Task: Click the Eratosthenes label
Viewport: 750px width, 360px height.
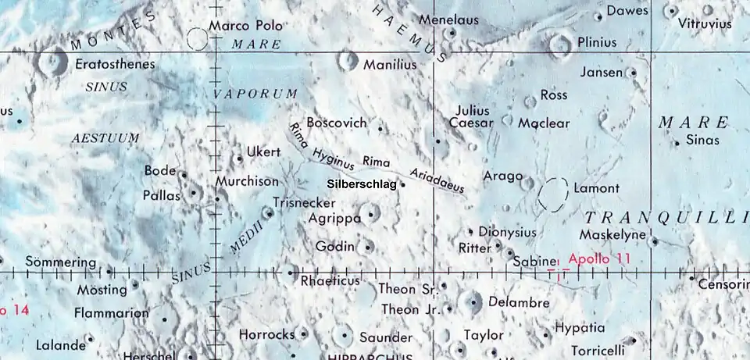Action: click(115, 64)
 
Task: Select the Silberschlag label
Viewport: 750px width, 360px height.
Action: click(361, 184)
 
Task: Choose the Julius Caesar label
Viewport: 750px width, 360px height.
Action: click(473, 116)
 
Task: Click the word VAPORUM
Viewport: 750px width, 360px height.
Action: click(256, 94)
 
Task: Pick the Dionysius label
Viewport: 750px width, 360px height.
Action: click(507, 232)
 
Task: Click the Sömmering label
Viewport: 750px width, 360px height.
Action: click(61, 262)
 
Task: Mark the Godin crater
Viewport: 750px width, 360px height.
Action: click(369, 247)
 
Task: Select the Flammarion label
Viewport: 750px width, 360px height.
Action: click(111, 314)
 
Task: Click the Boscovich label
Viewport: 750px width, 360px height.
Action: click(337, 123)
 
